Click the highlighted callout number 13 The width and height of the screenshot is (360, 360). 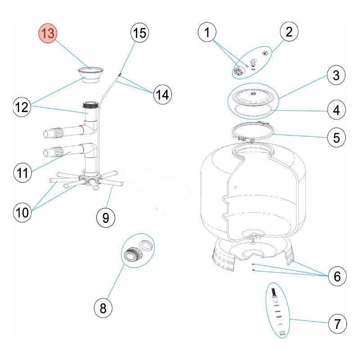tap(48, 34)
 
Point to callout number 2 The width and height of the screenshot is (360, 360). tap(289, 32)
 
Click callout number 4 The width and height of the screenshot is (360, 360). tap(336, 109)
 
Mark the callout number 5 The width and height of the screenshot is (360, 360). tap(336, 137)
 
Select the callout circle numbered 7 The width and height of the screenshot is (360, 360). tap(337, 323)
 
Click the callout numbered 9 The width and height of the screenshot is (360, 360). tap(106, 218)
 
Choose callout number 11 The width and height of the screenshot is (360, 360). tap(23, 173)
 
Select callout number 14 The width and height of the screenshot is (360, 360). tap(162, 95)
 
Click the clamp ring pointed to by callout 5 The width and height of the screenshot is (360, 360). tap(252, 133)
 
